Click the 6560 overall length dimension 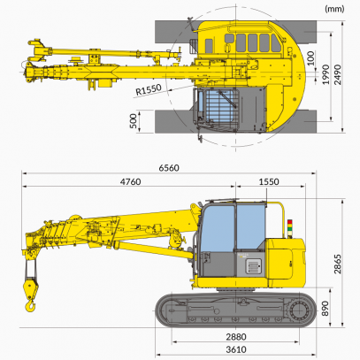click(x=169, y=168)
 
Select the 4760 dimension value click(x=130, y=182)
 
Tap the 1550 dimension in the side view click(x=269, y=181)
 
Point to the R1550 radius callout click(x=149, y=89)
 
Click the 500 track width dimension click(x=134, y=121)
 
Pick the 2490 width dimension click(x=338, y=74)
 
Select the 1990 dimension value click(x=326, y=74)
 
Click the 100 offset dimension click(x=311, y=58)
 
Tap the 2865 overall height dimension click(x=338, y=264)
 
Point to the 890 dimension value click(x=325, y=309)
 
